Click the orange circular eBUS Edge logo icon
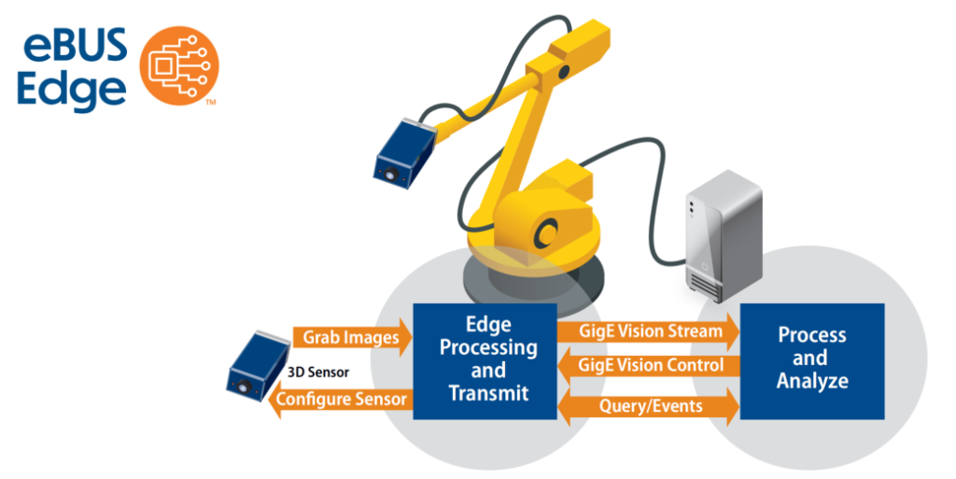point(179,64)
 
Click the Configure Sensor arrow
point(340,401)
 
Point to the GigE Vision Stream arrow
point(648,331)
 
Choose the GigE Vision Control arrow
point(648,365)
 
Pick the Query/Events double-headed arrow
point(648,405)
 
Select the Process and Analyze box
point(811,358)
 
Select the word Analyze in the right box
point(812,381)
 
